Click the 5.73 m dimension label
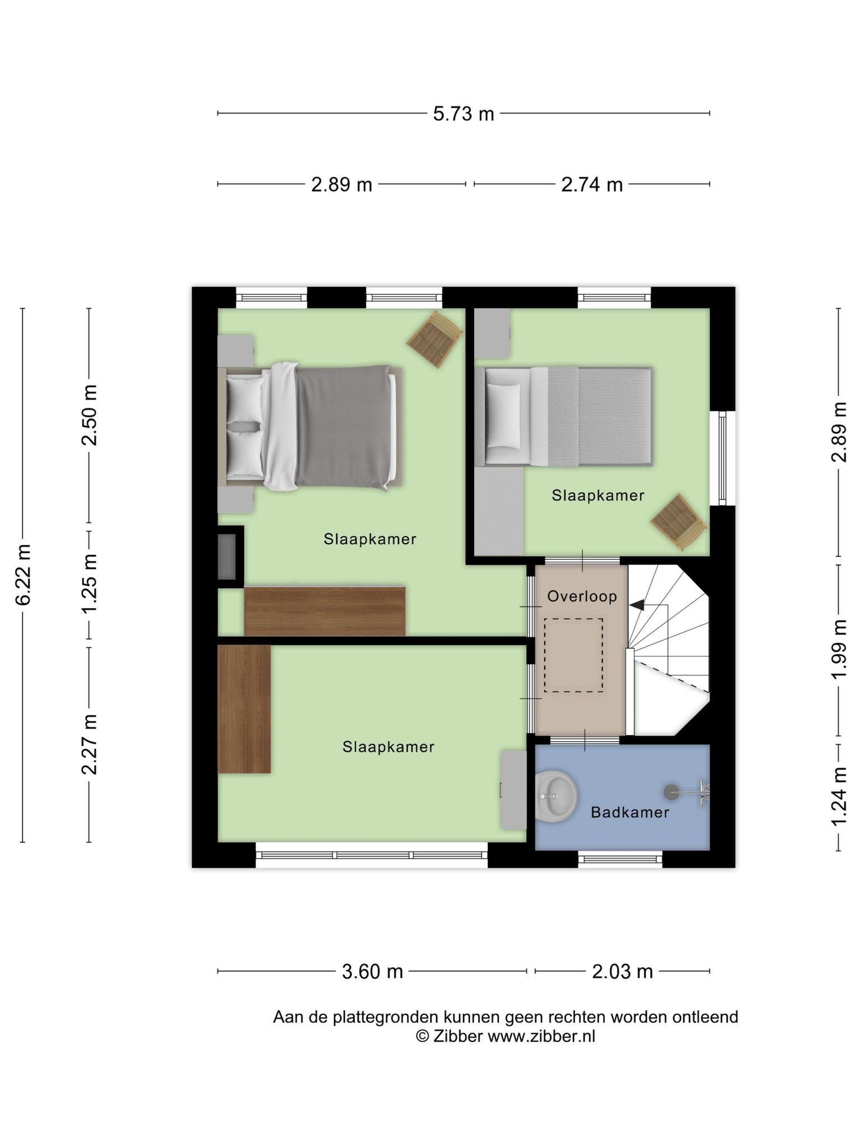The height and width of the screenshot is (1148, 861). point(464,114)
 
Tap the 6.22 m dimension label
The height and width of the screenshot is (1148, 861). point(23,575)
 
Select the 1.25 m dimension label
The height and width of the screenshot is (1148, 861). point(89,584)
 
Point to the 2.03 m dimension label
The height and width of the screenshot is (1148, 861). point(622,971)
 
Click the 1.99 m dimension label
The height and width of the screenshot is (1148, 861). point(839,649)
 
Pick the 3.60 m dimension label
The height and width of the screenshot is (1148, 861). point(372,971)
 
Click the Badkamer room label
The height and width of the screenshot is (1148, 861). point(630,812)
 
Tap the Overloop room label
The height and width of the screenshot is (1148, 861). point(582,596)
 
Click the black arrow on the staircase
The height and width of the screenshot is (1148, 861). point(637,605)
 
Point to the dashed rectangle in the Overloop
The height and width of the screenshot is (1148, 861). point(573,655)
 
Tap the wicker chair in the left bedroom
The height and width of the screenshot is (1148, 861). point(436,340)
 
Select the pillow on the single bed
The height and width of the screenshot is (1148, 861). point(503,415)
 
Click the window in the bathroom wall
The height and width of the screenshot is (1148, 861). point(620,859)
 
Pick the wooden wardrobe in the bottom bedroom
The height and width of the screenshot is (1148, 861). point(244,709)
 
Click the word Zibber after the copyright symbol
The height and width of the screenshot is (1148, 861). point(457,1036)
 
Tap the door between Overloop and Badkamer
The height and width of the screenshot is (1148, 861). point(585,740)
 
